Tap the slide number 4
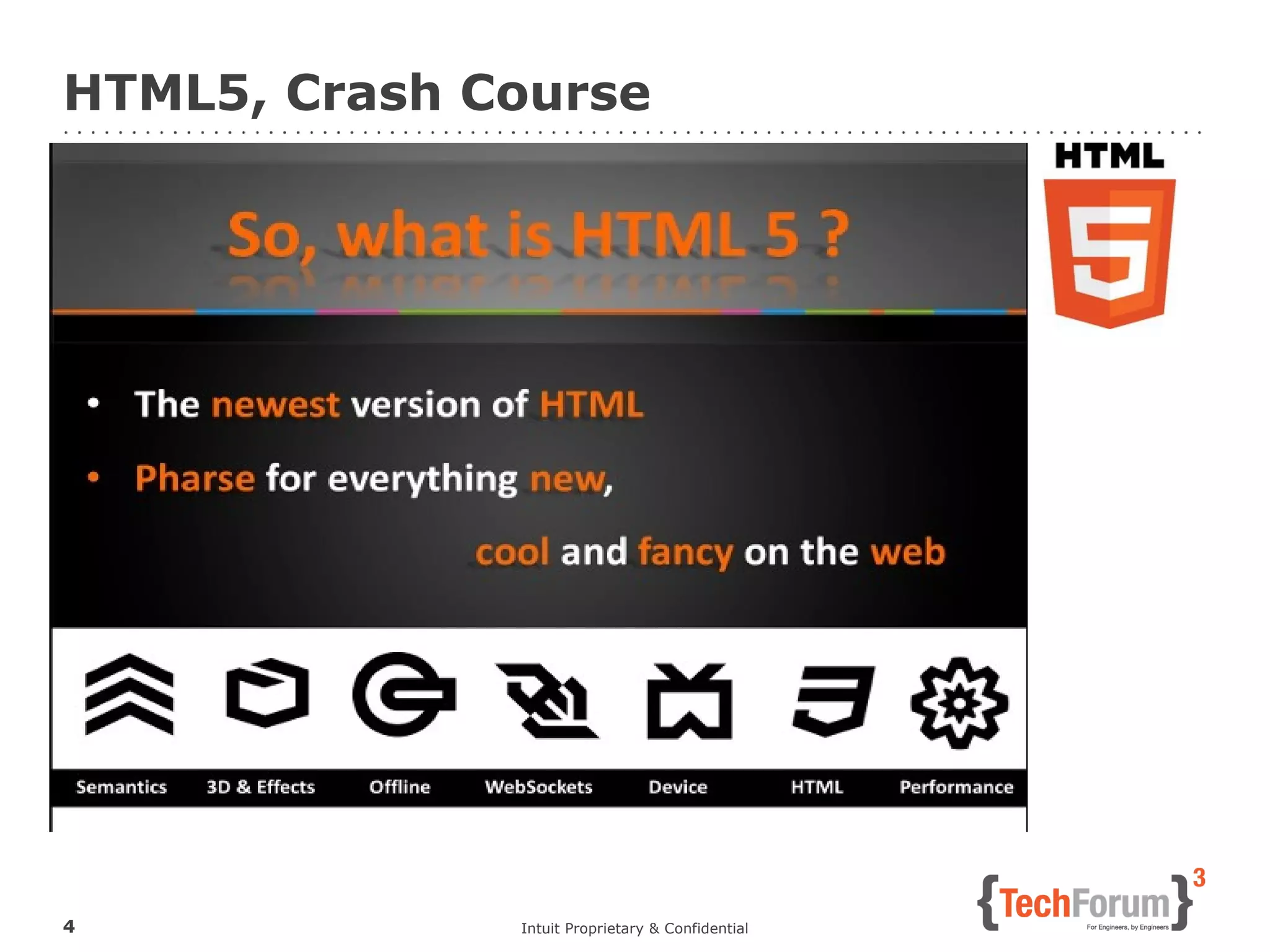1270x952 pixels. [69, 926]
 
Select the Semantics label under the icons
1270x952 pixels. [122, 787]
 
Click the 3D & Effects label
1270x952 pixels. [260, 787]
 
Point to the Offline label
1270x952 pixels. [400, 787]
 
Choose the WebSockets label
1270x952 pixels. [538, 787]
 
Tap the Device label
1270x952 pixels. [678, 787]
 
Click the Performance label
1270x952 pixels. [956, 787]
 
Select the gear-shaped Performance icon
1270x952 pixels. [959, 702]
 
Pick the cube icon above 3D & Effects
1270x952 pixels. [267, 693]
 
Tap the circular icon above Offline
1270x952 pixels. [404, 694]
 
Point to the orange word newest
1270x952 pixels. [275, 405]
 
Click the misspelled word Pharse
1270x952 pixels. [195, 478]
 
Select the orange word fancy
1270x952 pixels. [685, 552]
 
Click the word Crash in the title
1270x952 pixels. [363, 93]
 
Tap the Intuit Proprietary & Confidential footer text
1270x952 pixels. [634, 928]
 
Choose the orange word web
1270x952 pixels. [908, 552]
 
